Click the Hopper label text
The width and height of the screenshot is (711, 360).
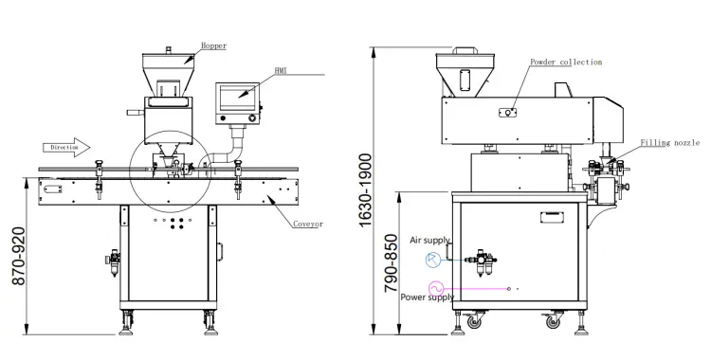point(213,45)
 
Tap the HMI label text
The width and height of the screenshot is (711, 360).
point(281,71)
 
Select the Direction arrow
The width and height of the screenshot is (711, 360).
point(66,148)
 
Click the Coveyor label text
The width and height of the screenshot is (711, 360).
point(308,224)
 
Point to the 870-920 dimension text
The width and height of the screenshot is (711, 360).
point(19,256)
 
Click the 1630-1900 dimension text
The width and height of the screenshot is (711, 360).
point(365,190)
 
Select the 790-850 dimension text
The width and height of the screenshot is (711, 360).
point(391,263)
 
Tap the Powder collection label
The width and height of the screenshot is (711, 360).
point(566,62)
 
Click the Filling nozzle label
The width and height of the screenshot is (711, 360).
point(669,143)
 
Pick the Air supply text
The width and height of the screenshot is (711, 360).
point(429,241)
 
